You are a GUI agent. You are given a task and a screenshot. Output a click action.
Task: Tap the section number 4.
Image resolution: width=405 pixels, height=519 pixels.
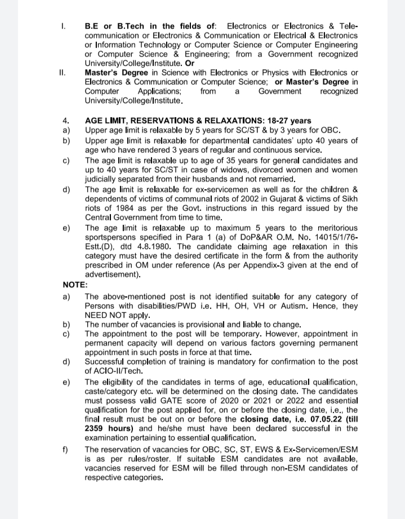pyautogui.click(x=65, y=121)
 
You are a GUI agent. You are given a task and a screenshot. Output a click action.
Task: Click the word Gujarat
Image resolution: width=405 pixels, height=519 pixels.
pyautogui.click(x=263, y=199)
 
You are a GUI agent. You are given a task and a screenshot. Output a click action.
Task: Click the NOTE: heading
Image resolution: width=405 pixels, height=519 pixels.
pyautogui.click(x=74, y=285)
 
